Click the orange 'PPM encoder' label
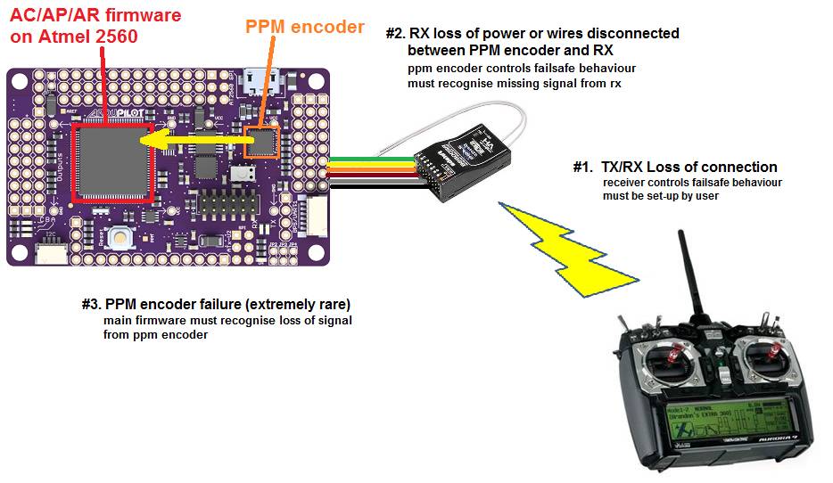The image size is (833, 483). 305,28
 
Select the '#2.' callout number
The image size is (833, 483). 395,34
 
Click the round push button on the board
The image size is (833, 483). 120,237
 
